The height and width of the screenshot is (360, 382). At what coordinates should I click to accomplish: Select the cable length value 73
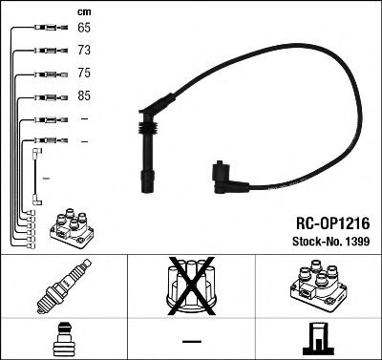(85, 50)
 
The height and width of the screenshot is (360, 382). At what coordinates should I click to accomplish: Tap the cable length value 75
(85, 74)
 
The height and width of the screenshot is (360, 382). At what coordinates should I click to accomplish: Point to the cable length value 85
(85, 96)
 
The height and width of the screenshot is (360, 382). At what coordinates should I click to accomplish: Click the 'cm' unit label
(81, 11)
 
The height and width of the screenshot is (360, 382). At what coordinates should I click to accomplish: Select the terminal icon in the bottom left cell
(61, 338)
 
